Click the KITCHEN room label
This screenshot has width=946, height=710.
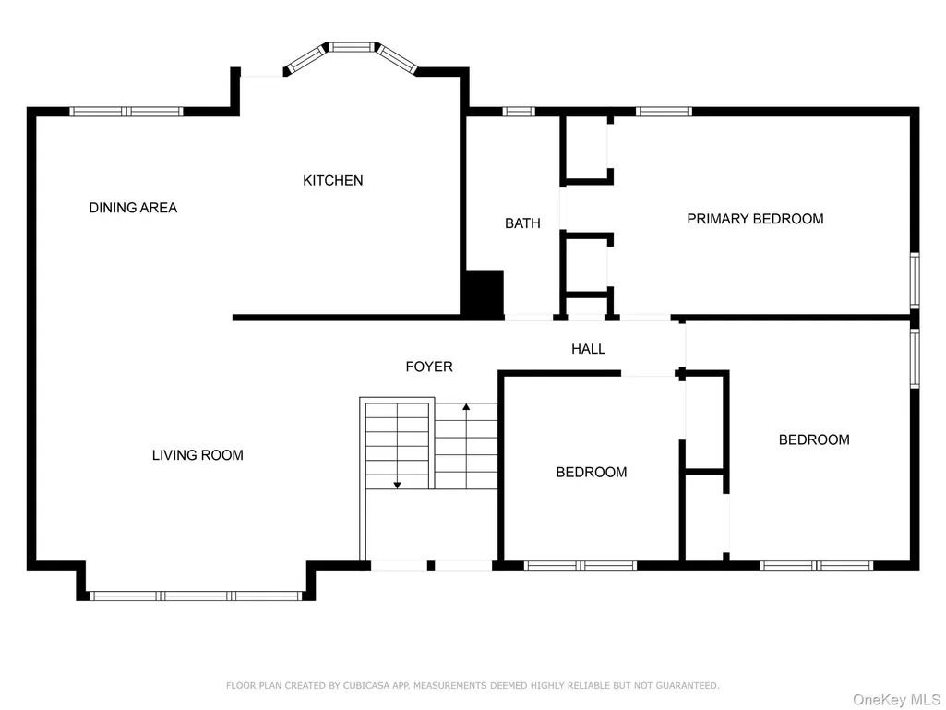coord(333,181)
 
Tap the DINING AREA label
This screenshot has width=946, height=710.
coord(133,208)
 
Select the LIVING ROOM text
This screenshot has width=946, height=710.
coord(198,455)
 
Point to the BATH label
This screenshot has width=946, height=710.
coord(522,223)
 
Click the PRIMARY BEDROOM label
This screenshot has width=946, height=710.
coord(755,219)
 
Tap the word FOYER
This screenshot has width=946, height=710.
coord(429,367)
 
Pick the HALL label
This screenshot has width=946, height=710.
coord(588,349)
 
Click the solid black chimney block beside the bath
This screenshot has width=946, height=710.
coord(483,292)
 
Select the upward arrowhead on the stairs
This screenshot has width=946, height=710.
coord(466,407)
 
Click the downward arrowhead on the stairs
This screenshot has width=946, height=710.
coord(397,485)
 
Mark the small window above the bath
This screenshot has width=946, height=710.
coord(519,112)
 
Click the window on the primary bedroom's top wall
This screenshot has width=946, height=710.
coord(664,112)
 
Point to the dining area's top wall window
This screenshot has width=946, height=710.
coord(126,112)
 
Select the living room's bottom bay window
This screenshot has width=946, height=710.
coord(196,596)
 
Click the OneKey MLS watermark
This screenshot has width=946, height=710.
coord(896,700)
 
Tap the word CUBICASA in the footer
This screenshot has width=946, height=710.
coord(366,686)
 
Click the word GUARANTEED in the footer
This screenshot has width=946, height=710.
coord(688,686)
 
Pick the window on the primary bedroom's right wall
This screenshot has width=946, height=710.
coord(915,281)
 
